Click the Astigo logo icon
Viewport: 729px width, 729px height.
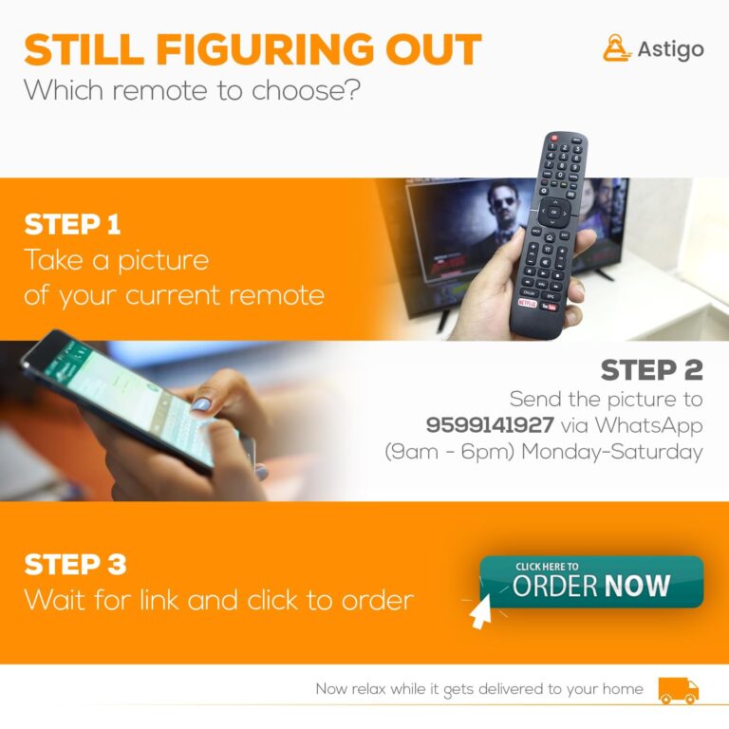(617, 47)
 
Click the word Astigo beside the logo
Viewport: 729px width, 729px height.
(670, 49)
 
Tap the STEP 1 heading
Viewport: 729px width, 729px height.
(72, 225)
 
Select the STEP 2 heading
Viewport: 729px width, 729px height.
(651, 370)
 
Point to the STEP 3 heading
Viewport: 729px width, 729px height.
(75, 565)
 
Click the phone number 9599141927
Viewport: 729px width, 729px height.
(490, 424)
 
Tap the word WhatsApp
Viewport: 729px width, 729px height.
(649, 426)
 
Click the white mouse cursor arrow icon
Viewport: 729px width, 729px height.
(480, 612)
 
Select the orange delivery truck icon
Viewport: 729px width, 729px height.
(679, 690)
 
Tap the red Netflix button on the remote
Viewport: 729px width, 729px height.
(528, 304)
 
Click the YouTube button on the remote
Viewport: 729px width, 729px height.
(549, 307)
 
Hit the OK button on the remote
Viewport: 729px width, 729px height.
(553, 213)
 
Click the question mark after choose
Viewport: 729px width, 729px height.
(353, 89)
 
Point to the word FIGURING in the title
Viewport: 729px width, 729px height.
(265, 49)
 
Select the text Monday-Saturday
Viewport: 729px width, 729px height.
(612, 453)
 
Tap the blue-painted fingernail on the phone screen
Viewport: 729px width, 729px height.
(201, 404)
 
